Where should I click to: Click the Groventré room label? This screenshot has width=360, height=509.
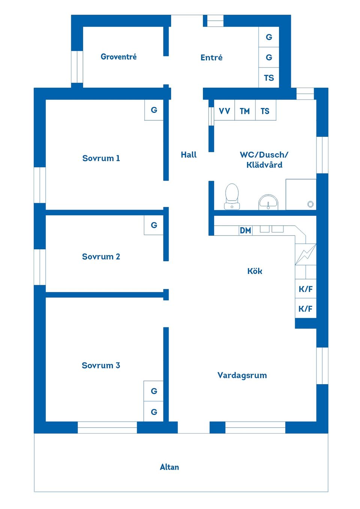click(118, 57)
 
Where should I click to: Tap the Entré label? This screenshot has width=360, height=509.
click(211, 57)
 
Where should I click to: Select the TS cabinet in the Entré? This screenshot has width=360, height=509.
click(269, 78)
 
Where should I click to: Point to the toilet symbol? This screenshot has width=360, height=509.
click(232, 196)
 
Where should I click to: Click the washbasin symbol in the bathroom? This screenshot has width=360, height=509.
click(268, 202)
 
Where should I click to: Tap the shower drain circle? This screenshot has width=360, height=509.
click(310, 204)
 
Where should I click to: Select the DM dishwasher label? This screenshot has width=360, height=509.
click(246, 231)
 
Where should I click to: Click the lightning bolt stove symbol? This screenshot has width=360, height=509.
click(306, 254)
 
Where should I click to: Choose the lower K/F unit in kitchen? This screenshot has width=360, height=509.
click(306, 308)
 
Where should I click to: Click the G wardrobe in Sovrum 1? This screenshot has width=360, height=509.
click(154, 110)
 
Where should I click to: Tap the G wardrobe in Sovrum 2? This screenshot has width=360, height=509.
click(154, 225)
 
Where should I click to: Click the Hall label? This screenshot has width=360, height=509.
click(189, 155)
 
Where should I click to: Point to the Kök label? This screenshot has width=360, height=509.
click(255, 271)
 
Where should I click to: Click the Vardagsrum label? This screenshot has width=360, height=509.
click(242, 375)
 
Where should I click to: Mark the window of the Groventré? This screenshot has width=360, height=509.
click(77, 67)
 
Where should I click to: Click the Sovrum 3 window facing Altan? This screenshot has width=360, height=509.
click(107, 427)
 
